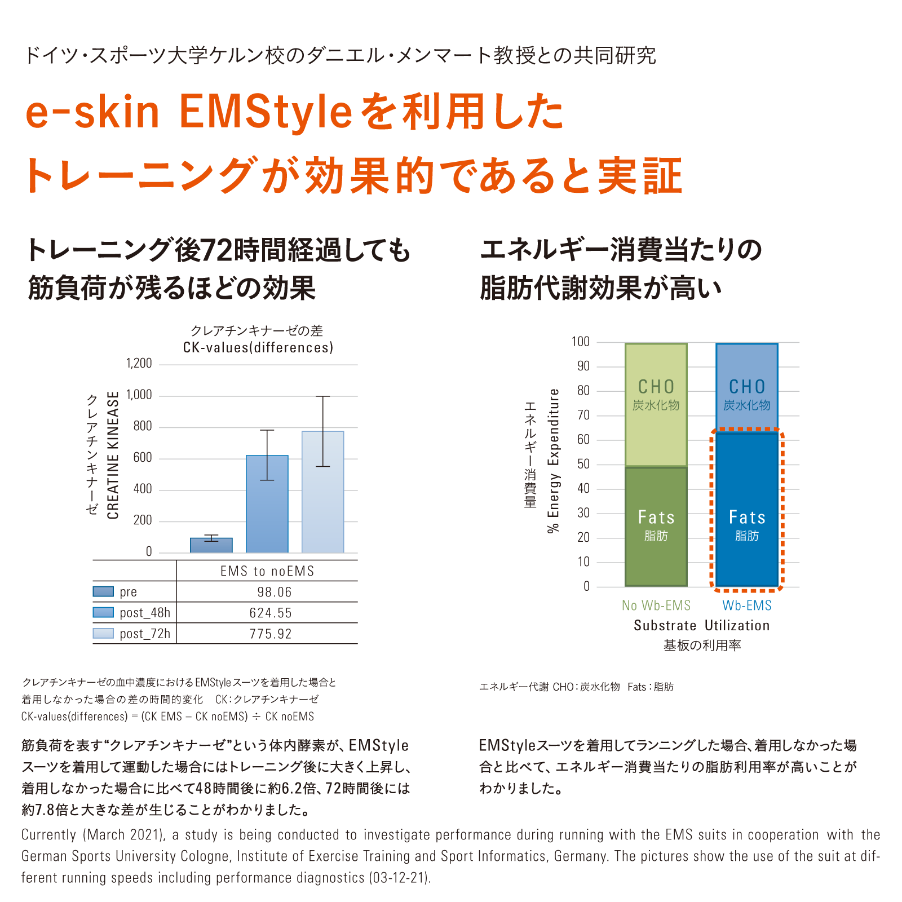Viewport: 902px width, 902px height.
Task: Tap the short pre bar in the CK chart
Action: (x=211, y=545)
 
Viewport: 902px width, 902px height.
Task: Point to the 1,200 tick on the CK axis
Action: (x=139, y=364)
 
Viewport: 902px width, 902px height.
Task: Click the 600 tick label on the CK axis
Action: (x=143, y=458)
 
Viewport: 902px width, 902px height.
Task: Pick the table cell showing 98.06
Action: (x=275, y=592)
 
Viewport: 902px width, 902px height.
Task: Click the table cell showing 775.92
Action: (x=271, y=634)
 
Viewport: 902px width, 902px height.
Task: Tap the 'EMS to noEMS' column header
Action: (x=267, y=571)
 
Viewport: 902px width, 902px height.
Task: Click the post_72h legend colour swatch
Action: (x=103, y=633)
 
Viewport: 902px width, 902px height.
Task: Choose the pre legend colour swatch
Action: (x=103, y=591)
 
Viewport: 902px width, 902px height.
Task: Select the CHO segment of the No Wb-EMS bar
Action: (x=656, y=405)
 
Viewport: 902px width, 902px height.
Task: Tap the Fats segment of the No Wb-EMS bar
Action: (x=656, y=527)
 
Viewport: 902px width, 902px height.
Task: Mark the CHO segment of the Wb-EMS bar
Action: (x=747, y=386)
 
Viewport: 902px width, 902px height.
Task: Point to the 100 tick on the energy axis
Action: (x=580, y=342)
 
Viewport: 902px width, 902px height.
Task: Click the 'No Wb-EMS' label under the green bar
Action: (x=656, y=605)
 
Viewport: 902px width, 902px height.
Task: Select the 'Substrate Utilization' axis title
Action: (x=701, y=626)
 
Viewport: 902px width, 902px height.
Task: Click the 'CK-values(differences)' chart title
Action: (x=258, y=347)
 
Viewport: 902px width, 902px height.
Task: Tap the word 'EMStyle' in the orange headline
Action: (x=266, y=111)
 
